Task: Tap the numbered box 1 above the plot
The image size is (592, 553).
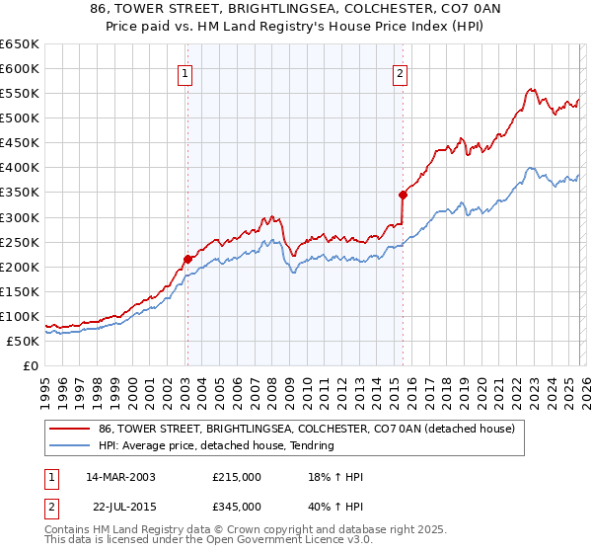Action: (186, 72)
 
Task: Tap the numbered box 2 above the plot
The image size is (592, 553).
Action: (401, 72)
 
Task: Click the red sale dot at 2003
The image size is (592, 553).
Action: (187, 259)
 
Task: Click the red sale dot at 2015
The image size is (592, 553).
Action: (403, 195)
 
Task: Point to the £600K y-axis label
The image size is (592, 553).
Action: (19, 69)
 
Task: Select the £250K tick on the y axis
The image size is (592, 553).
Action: (19, 242)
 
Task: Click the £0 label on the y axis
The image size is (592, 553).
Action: (30, 366)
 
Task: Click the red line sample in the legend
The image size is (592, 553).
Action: (70, 430)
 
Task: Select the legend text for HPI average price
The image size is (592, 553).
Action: (216, 446)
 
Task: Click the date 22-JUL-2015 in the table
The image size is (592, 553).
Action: (120, 505)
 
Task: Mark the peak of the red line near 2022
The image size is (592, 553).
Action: (531, 89)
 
